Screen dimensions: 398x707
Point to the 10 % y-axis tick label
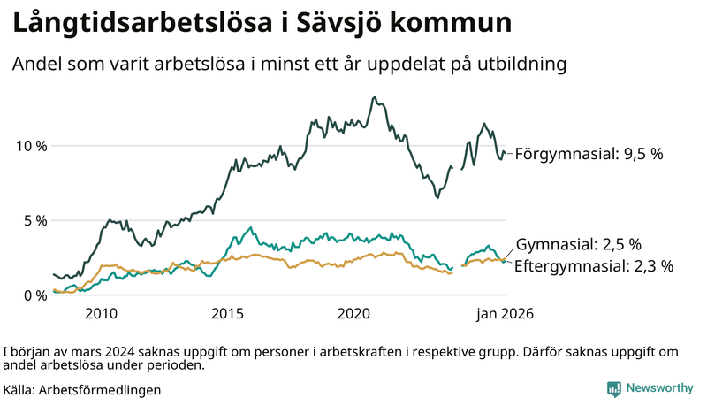32,145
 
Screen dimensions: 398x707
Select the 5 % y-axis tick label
35,220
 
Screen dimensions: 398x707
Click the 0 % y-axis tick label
35,295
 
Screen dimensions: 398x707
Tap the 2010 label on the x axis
101,314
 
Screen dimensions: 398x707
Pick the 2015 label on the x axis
227,314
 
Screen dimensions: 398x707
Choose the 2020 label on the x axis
353,314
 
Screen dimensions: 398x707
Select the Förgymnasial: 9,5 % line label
589,154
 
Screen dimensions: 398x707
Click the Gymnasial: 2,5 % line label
578,244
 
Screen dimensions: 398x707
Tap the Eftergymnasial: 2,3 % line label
594,264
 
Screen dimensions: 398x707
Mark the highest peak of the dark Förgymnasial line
375,97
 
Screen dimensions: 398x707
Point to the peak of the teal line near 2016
251,228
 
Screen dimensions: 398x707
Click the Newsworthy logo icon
613,388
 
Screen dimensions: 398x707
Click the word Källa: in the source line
19,389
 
